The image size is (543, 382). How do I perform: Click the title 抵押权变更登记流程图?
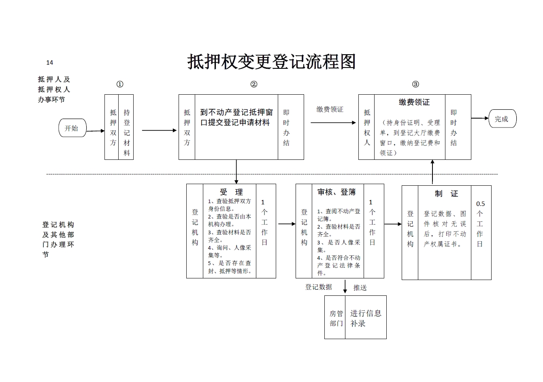[271, 62]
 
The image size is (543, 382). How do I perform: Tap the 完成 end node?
[502, 119]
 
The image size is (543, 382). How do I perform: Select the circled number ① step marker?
[120, 84]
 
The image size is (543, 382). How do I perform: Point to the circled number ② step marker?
[254, 84]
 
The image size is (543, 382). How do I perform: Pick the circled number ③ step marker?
[415, 84]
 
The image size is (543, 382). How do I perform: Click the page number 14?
[50, 62]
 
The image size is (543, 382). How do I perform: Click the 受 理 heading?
[231, 192]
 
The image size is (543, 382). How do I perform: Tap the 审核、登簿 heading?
[336, 192]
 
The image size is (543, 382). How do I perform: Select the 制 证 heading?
[446, 194]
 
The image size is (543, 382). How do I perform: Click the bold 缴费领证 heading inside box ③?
[414, 102]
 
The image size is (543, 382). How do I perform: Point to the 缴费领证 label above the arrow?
[330, 109]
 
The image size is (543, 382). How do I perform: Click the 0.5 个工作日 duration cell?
[480, 224]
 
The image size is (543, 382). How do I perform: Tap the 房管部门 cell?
[336, 318]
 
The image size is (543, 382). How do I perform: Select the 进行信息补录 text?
[365, 318]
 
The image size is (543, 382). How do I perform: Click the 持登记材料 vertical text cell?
[127, 133]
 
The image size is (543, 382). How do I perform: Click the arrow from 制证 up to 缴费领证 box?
[432, 172]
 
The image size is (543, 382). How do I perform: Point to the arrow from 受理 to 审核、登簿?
[286, 224]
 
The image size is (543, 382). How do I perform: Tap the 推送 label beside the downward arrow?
[360, 288]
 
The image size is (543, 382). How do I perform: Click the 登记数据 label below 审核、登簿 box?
[319, 287]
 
